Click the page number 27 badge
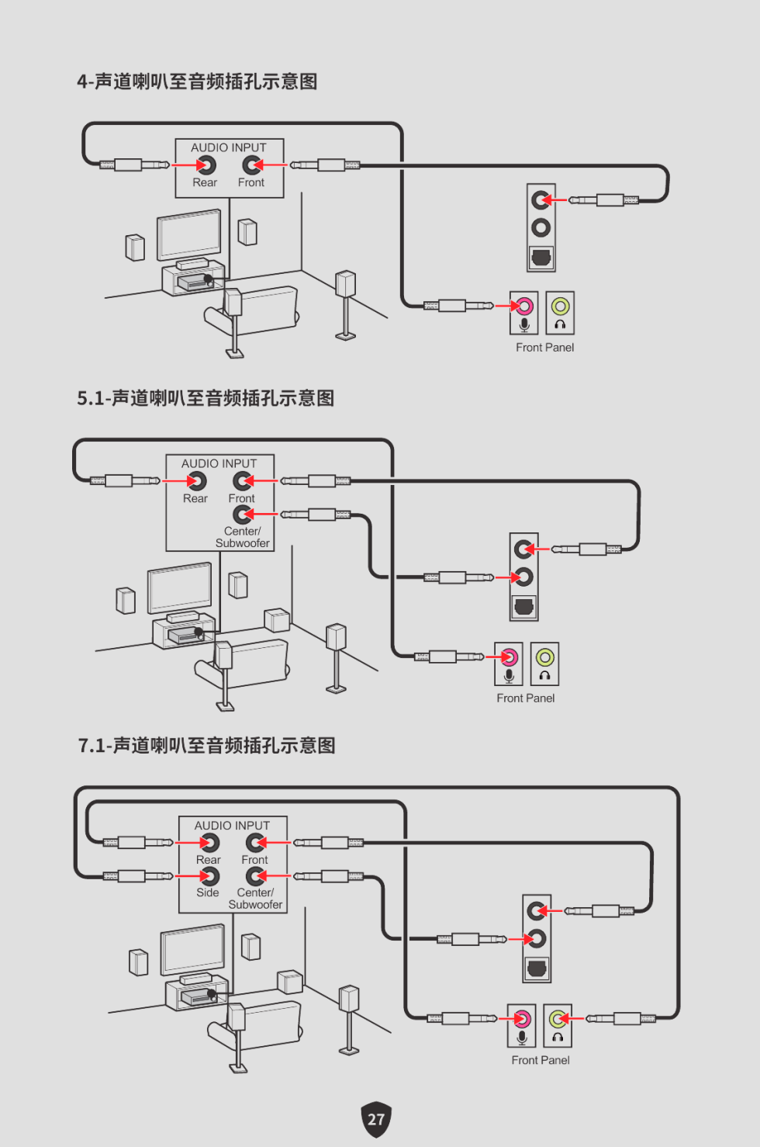(x=376, y=1119)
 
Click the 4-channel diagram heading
(x=197, y=81)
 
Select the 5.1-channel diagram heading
(x=206, y=398)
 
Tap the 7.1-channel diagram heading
(x=206, y=746)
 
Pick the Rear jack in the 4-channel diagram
(x=206, y=165)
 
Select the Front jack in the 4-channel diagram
(x=251, y=165)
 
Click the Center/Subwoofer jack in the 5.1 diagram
(x=243, y=515)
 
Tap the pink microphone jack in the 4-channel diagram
(x=524, y=306)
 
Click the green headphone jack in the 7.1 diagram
(x=558, y=1018)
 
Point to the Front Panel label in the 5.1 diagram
(x=525, y=698)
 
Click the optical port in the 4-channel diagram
(x=541, y=257)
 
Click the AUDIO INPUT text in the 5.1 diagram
(x=219, y=463)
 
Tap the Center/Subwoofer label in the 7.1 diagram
(x=255, y=899)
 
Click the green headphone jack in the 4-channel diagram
(x=560, y=306)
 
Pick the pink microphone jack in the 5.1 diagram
(x=509, y=657)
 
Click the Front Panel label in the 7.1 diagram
(x=540, y=1060)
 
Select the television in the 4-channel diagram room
(x=188, y=234)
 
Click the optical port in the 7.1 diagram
(x=537, y=968)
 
